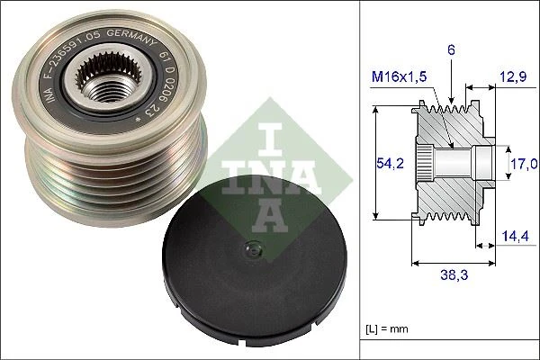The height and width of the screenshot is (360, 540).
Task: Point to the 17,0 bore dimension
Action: tap(525, 163)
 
